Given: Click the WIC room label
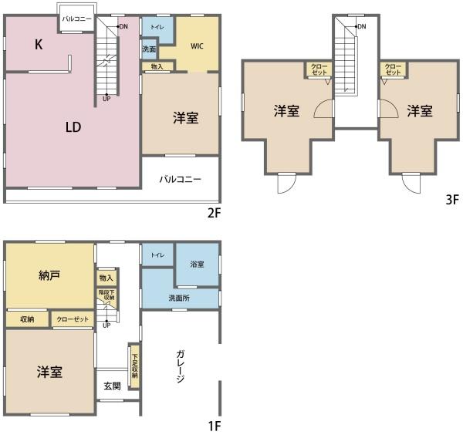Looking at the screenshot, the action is [x=197, y=46].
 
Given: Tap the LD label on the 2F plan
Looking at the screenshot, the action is [x=73, y=127].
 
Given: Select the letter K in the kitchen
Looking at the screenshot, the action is [x=39, y=45].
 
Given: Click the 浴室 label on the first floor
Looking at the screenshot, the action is [x=197, y=264].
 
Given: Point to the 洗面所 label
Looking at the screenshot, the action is [x=179, y=298].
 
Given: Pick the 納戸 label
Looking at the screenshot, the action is [x=49, y=275].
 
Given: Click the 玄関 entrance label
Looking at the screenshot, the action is [x=112, y=386].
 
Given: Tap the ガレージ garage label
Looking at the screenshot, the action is [x=181, y=366].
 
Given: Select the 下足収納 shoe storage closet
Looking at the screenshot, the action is [x=134, y=366].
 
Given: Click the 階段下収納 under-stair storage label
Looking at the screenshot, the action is [x=106, y=295].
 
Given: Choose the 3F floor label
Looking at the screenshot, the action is [x=452, y=200].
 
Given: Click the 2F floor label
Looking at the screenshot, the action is [x=214, y=212].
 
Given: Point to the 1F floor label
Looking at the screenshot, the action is [x=215, y=426].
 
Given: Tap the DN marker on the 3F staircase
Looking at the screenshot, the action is [x=362, y=26].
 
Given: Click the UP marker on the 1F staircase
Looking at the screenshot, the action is [x=106, y=325].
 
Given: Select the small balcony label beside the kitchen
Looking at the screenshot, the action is [x=76, y=19].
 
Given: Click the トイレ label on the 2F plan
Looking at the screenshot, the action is [x=157, y=27].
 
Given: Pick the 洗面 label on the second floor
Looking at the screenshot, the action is [x=149, y=49].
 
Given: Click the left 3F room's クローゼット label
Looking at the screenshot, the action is [x=319, y=69].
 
